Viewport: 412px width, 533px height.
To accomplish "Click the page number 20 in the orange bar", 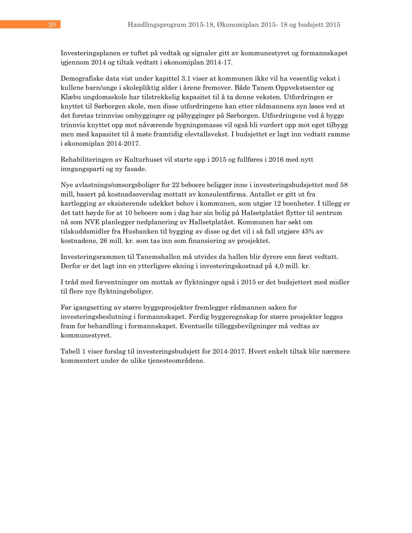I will tap(52, 25).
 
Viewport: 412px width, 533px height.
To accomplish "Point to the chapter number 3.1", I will tap(186, 79).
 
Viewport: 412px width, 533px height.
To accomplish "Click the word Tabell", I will tap(70, 351).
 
